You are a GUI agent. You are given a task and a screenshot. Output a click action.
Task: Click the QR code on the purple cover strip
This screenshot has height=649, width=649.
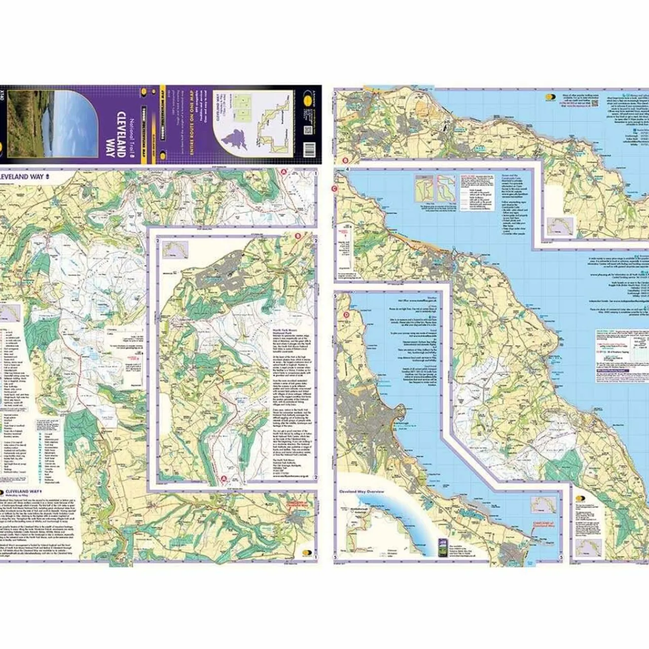click(307, 131)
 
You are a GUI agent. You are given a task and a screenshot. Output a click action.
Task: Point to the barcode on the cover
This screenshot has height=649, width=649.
click(308, 151)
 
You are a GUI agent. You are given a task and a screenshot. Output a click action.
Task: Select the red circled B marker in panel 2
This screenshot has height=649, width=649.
click(298, 235)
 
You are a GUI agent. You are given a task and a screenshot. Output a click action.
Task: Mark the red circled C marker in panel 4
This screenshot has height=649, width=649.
click(335, 190)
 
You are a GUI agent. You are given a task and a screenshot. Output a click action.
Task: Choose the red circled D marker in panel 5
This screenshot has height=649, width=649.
click(346, 314)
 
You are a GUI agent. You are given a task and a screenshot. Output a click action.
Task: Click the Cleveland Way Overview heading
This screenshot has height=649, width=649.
click(361, 492)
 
